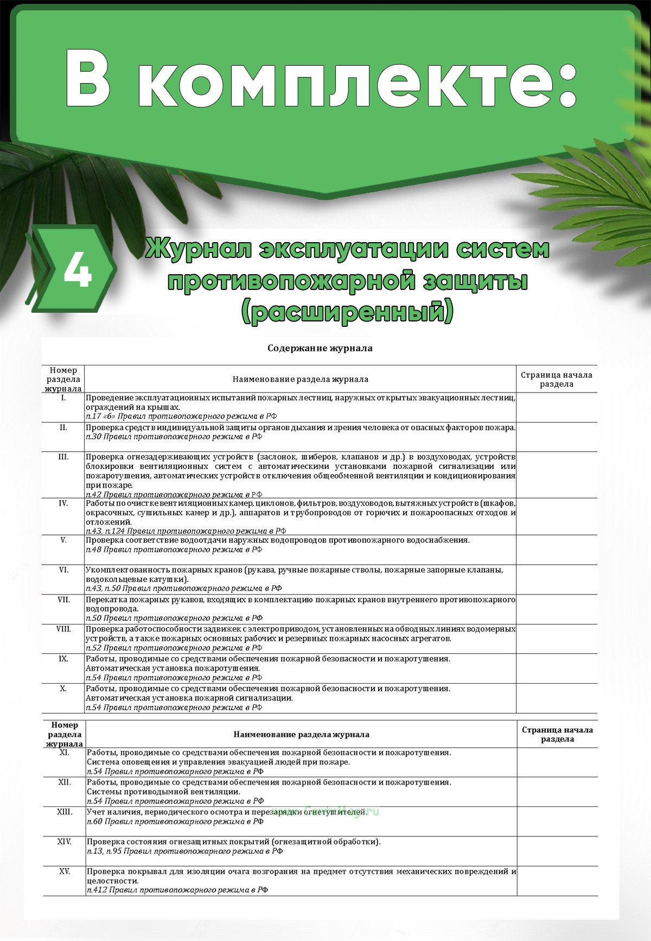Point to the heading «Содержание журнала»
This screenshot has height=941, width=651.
(320, 348)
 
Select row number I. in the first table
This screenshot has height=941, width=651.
(63, 398)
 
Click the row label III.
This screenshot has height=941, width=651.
(63, 457)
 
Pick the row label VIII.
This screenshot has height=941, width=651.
(63, 629)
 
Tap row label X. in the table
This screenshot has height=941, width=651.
(63, 689)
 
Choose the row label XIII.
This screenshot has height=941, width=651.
(65, 812)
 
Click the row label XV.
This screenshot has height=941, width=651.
(65, 871)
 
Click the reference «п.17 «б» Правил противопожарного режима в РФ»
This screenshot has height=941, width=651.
(181, 416)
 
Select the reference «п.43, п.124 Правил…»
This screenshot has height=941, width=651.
(186, 531)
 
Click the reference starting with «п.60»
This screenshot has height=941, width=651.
(175, 822)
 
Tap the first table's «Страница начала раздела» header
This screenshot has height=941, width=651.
(557, 379)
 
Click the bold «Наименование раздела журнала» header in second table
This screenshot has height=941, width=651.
(301, 734)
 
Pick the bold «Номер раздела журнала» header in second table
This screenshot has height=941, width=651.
(65, 734)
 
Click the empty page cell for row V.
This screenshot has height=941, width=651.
(557, 550)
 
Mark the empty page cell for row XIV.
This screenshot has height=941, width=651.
(558, 851)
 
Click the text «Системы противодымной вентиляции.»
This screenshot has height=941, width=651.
(163, 792)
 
